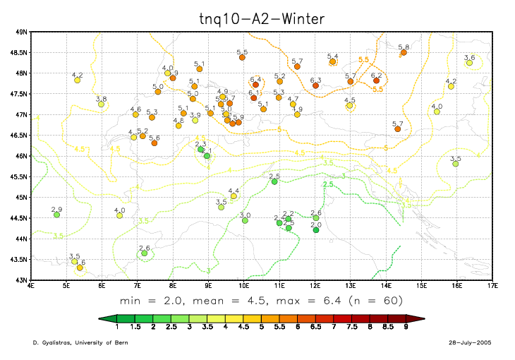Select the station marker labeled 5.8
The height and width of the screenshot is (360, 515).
point(404,52)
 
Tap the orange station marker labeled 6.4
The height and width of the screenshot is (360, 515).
point(255,85)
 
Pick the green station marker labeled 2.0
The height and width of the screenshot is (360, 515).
point(316,229)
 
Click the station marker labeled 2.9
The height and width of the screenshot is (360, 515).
point(56,215)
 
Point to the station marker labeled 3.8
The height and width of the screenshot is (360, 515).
point(101,104)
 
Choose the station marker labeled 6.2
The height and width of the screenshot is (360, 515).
point(376,80)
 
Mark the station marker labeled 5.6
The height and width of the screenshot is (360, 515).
point(154,143)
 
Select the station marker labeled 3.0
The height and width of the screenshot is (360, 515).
point(245,220)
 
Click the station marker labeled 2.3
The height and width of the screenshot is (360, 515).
point(200,149)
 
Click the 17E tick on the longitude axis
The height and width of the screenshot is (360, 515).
point(492,286)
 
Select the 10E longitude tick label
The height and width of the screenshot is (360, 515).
point(243,286)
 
